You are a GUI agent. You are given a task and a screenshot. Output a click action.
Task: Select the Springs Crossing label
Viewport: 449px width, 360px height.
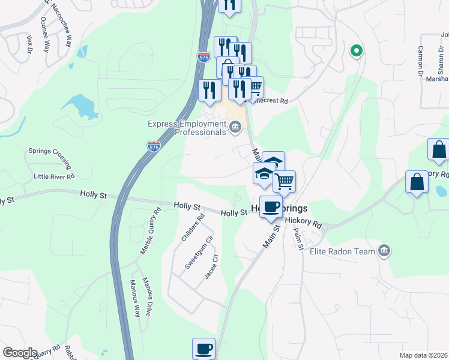(x=50, y=158)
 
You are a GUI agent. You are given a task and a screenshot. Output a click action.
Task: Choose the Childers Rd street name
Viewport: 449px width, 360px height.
(x=193, y=229)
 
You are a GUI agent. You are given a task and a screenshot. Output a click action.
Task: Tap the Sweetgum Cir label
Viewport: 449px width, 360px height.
(x=200, y=252)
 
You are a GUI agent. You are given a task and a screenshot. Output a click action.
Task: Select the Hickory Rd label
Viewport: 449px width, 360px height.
(x=304, y=221)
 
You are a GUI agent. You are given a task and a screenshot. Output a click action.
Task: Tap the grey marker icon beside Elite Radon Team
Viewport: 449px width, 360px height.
(x=385, y=250)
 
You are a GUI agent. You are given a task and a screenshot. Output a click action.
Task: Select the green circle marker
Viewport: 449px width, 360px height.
(x=356, y=51)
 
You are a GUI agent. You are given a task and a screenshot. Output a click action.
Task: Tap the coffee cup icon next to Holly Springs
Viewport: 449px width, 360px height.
(x=272, y=207)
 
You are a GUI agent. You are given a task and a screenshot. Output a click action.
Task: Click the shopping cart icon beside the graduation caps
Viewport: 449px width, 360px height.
(x=284, y=181)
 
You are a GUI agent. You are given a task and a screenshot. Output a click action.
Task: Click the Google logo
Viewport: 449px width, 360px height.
(x=20, y=353)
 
